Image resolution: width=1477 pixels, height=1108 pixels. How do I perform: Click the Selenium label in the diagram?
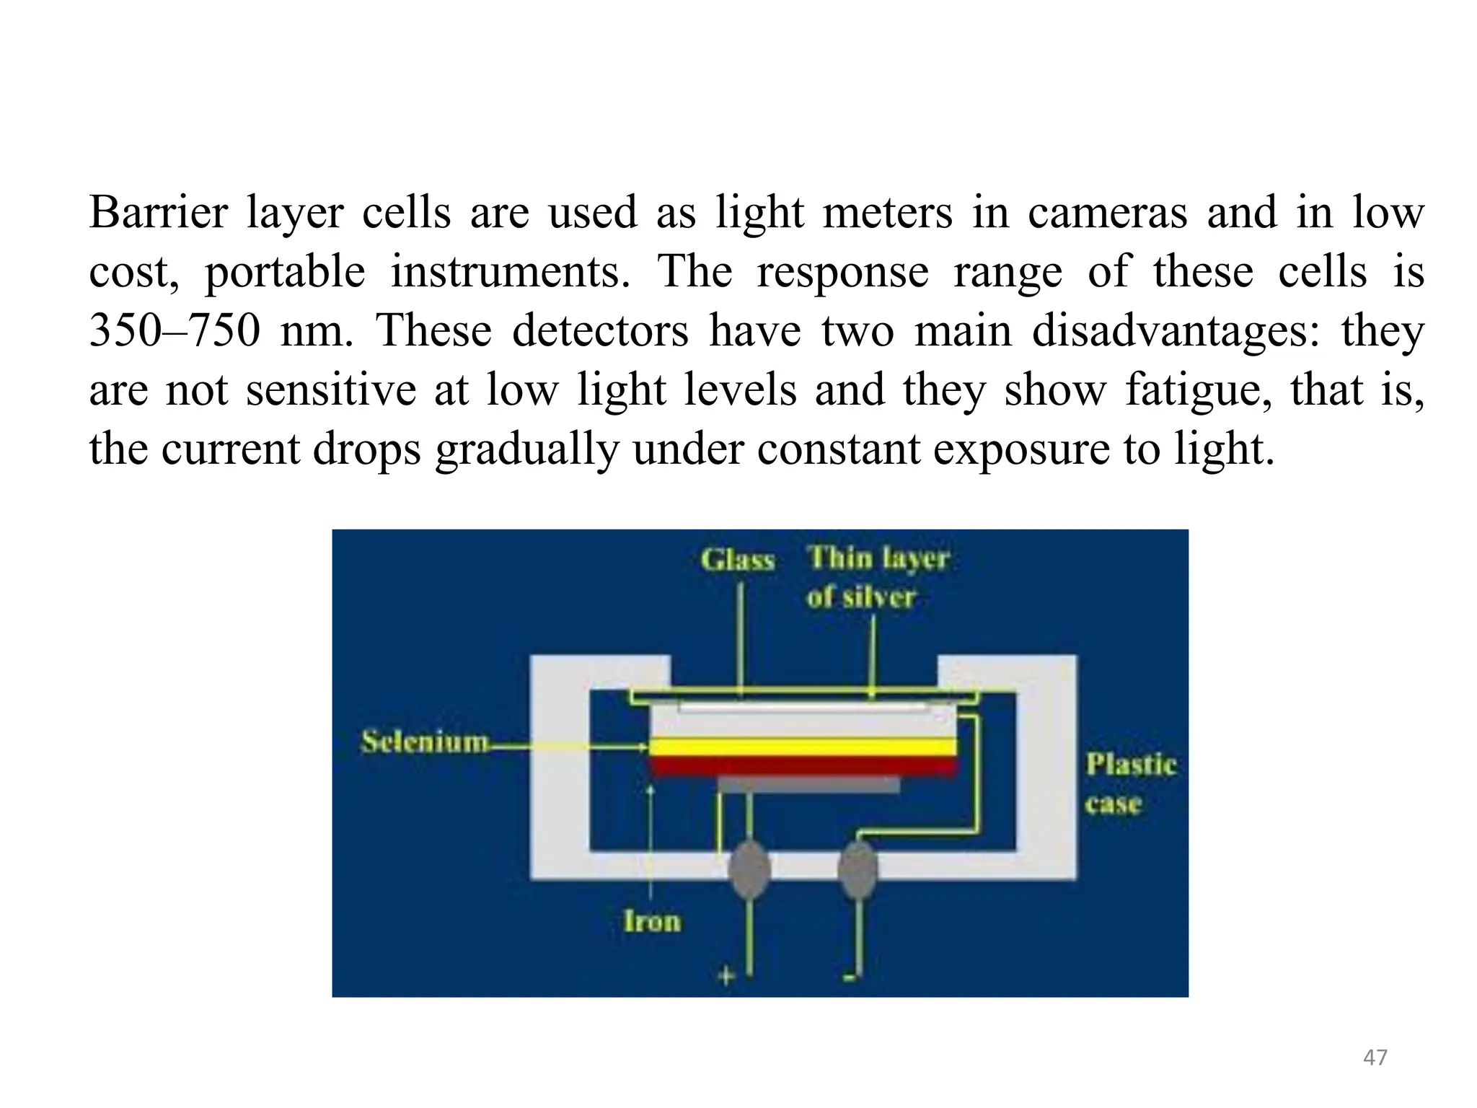click(424, 742)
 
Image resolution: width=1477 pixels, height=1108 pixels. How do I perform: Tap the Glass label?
click(737, 560)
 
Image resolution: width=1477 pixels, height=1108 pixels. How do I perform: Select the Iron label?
click(652, 921)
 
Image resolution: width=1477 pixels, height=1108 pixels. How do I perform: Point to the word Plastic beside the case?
click(1130, 765)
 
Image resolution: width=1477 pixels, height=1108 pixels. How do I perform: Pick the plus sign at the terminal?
click(726, 976)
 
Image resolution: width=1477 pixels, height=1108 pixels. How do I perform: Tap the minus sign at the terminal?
click(849, 977)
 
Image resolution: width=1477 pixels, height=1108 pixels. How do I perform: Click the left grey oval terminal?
click(749, 869)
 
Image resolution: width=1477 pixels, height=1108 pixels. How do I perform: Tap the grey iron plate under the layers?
click(808, 785)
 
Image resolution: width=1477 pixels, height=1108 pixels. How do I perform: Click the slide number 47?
click(1375, 1058)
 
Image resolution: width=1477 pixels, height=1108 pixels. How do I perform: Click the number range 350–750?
click(174, 331)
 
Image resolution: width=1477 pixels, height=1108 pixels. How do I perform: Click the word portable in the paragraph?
click(285, 273)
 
